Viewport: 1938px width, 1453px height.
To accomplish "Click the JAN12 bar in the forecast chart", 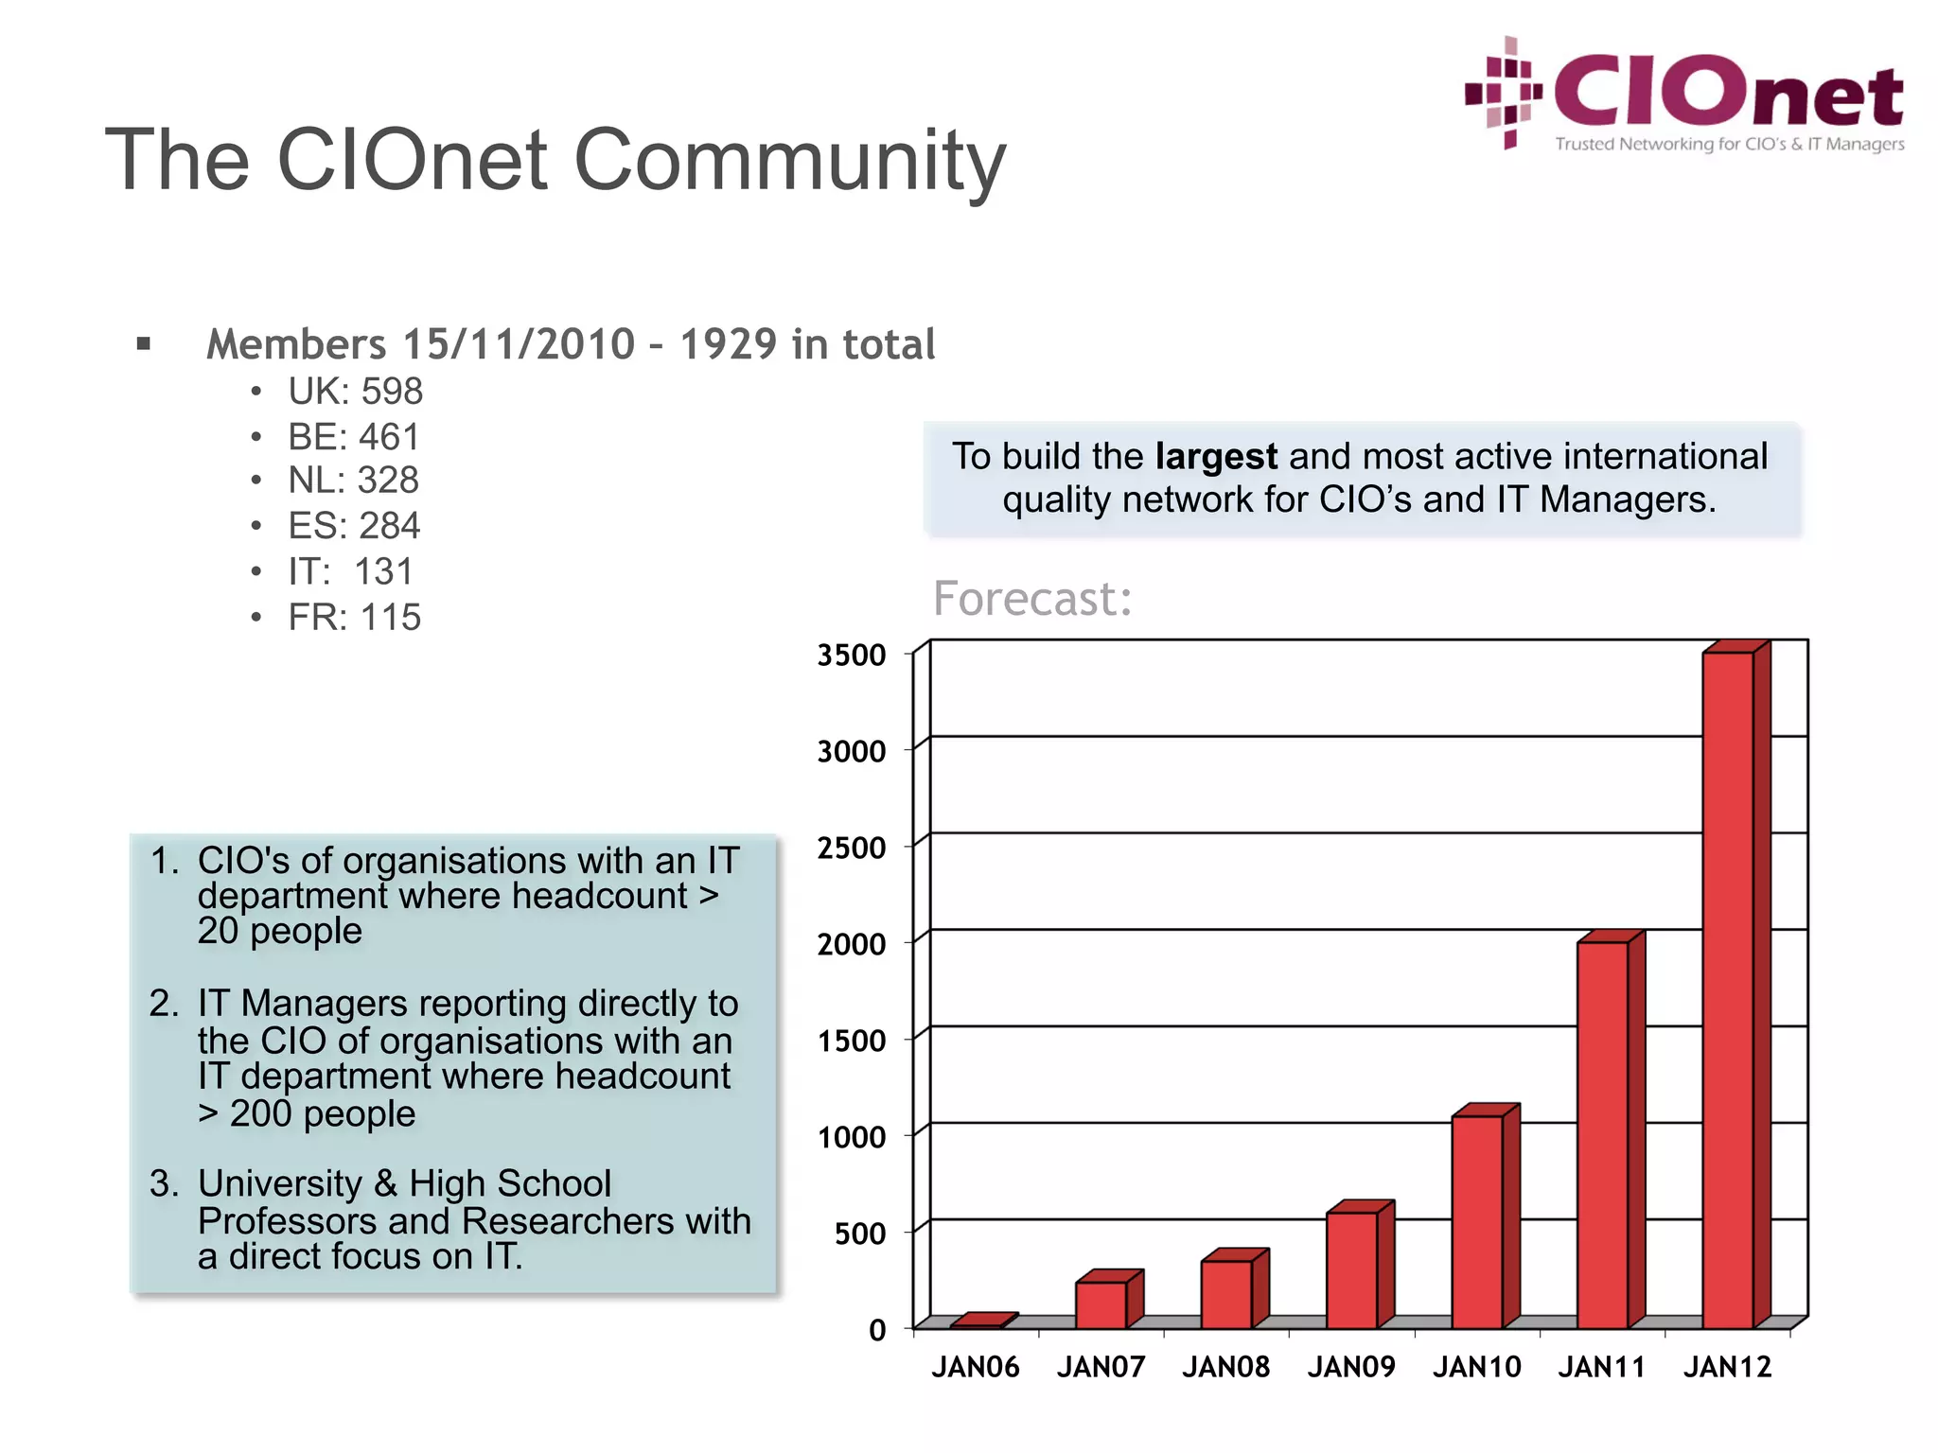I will (1728, 989).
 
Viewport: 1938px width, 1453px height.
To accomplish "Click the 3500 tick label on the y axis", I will (852, 655).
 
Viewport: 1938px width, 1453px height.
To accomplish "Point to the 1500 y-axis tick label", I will (852, 1041).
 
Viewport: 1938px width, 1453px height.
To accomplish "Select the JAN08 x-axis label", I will (1225, 1367).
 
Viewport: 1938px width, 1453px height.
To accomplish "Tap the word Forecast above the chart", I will (1032, 599).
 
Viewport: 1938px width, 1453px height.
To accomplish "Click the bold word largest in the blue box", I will (1216, 457).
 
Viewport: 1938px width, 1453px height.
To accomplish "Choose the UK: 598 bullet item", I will (355, 392).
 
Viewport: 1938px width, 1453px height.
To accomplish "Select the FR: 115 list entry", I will (354, 618).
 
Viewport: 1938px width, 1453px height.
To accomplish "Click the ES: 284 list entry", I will (354, 526).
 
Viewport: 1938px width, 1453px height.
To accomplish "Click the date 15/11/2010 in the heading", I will (519, 344).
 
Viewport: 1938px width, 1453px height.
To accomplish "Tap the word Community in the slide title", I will (789, 160).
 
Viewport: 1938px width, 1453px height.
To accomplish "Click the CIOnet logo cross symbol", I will (1505, 93).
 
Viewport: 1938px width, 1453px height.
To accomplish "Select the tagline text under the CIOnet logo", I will (1729, 144).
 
